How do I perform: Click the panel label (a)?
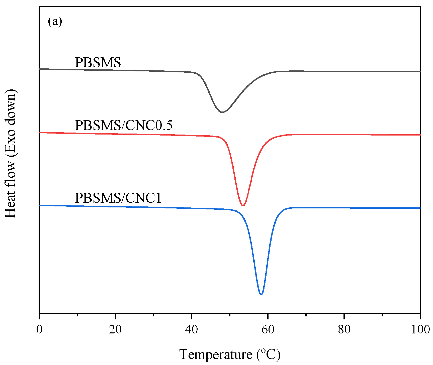coord(55,22)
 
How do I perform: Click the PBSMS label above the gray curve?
coord(98,62)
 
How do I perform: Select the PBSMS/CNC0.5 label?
coord(124,125)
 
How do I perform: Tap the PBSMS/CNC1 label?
coord(118,198)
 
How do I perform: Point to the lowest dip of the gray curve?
coord(222,112)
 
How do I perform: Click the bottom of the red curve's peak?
coord(243,206)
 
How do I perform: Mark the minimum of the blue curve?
coord(261,295)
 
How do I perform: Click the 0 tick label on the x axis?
coord(39,329)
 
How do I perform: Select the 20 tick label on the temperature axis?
coord(115,329)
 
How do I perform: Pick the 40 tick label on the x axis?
coord(192,329)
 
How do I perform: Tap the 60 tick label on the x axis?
coord(268,329)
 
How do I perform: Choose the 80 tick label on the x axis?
coord(344,329)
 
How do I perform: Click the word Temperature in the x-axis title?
coord(216,355)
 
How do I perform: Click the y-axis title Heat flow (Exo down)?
coord(11,153)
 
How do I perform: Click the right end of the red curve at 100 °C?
coord(420,135)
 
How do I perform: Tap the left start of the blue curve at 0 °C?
coord(40,205)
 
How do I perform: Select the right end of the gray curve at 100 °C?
coord(420,71)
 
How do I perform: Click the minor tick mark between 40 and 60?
coord(230,314)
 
